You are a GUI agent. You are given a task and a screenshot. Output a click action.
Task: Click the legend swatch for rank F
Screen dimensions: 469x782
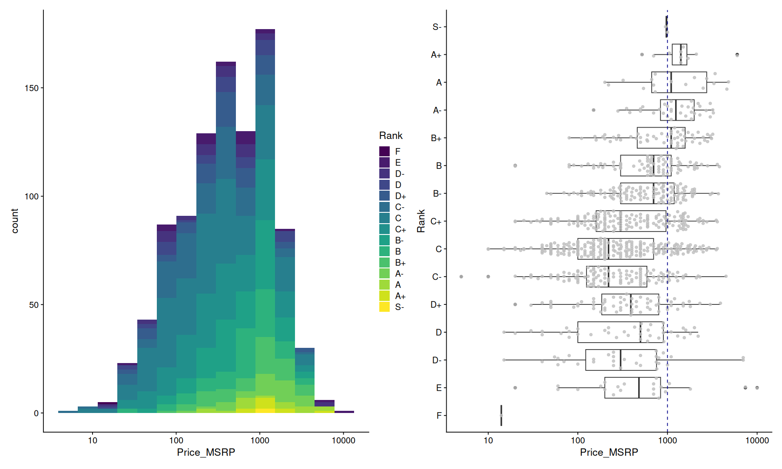[384, 151]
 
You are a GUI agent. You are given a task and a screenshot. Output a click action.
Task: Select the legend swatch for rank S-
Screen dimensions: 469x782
[384, 307]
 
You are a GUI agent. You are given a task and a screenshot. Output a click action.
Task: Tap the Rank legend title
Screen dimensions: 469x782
[391, 135]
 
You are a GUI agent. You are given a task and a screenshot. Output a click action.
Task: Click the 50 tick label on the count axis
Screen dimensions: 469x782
[33, 305]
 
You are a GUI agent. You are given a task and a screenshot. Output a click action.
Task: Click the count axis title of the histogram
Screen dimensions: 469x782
[15, 221]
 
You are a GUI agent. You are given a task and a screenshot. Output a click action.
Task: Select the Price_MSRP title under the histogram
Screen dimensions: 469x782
[206, 452]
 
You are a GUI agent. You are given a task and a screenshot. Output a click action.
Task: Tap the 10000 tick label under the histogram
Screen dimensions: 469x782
[343, 441]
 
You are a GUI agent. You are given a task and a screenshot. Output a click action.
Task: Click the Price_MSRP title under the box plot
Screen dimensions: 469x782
[609, 452]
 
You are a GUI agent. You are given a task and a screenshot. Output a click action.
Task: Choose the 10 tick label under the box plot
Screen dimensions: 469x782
[488, 441]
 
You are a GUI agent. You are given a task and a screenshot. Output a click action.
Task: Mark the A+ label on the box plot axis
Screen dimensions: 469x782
[436, 55]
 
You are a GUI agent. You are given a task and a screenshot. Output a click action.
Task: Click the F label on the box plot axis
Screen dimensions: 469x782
[439, 416]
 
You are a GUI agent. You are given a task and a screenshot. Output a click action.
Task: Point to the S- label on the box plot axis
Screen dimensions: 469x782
[437, 27]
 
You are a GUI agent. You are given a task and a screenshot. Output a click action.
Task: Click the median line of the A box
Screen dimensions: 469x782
[671, 83]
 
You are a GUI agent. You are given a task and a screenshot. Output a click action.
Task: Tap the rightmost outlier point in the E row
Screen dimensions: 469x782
[757, 388]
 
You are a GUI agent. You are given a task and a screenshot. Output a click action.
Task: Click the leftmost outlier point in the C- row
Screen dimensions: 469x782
[461, 277]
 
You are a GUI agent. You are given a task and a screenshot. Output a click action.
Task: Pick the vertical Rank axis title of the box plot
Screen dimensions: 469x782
[421, 221]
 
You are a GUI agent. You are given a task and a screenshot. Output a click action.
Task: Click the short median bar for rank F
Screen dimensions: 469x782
[501, 416]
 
